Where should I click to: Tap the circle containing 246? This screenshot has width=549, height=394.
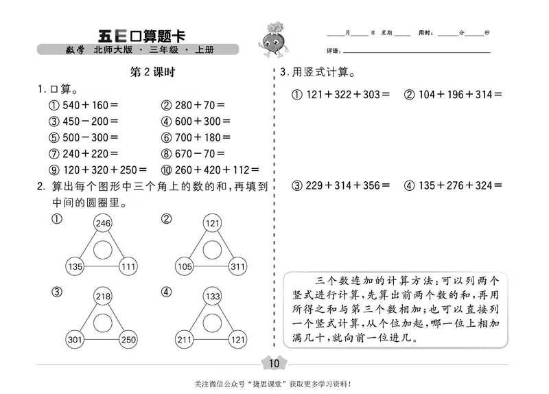(x=103, y=223)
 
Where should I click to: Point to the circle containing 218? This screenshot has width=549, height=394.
(x=103, y=297)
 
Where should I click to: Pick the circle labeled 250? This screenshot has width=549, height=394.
(x=128, y=338)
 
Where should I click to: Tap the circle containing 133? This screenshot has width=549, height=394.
(x=213, y=297)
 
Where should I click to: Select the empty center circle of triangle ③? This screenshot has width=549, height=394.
(x=103, y=321)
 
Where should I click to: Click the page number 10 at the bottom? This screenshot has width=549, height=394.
(x=274, y=363)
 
